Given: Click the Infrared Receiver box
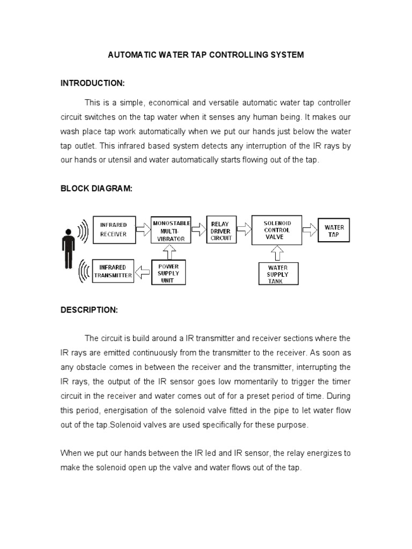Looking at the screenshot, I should (x=114, y=229).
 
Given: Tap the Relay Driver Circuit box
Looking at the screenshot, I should (x=222, y=231).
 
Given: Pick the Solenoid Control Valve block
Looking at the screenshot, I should (x=277, y=229).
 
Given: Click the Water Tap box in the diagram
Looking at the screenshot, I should (x=334, y=231).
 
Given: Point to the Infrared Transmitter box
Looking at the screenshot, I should (x=113, y=271).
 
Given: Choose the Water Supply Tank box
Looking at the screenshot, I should (x=278, y=274).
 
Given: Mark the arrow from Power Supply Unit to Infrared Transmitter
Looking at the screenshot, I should (x=143, y=272).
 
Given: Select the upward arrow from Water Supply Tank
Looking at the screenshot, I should (x=277, y=251).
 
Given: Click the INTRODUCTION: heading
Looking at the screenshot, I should (x=92, y=83).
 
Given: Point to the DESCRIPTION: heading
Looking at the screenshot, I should (x=89, y=310).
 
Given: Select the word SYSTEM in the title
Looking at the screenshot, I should (x=287, y=55).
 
